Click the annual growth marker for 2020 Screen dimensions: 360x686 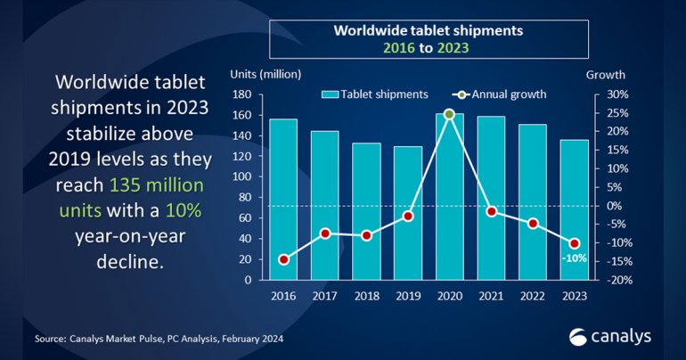449,114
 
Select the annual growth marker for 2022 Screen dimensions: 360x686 533,224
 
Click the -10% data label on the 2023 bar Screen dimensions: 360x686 573,258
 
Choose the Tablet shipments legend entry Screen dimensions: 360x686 374,93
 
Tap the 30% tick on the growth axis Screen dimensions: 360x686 618,94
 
